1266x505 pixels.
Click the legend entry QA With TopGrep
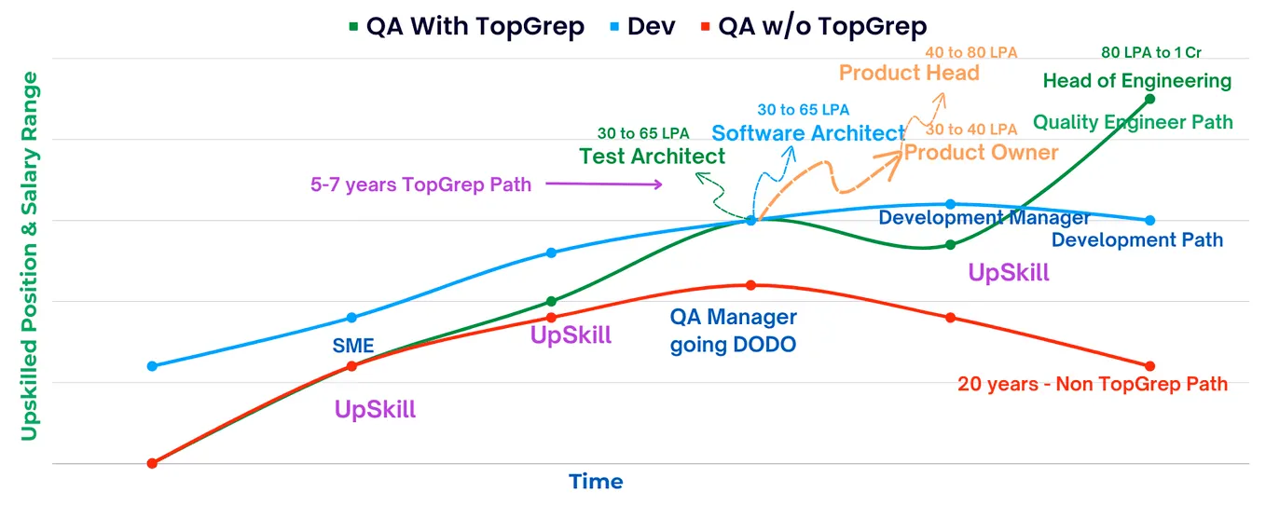click(466, 26)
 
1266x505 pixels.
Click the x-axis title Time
click(596, 482)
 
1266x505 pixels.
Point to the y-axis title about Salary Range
click(30, 255)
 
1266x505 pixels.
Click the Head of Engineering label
click(1136, 81)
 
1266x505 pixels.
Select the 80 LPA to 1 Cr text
click(1157, 52)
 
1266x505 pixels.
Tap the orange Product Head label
click(909, 73)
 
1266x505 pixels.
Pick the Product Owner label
click(981, 152)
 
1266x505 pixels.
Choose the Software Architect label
click(808, 133)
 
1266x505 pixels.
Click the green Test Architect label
click(652, 157)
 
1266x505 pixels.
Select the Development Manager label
click(984, 218)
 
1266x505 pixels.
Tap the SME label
click(353, 347)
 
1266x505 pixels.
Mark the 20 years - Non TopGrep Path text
click(1093, 384)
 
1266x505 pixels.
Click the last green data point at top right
click(1149, 99)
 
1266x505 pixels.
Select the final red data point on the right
click(1149, 366)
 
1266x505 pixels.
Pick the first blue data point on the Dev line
click(152, 366)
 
